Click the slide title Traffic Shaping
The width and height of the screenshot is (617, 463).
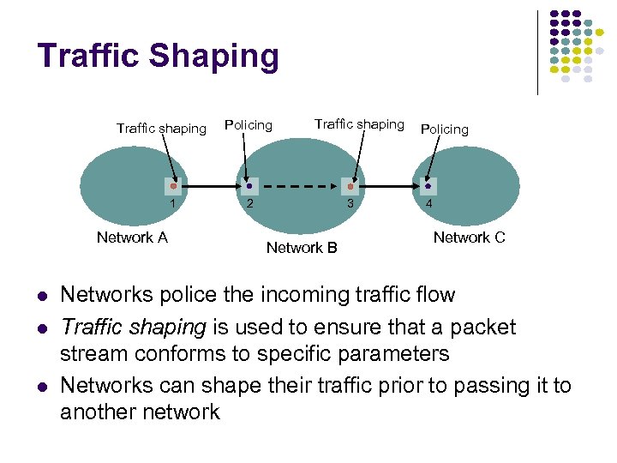[159, 57]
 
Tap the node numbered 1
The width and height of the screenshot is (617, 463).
[173, 185]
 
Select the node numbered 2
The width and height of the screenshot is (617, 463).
[249, 185]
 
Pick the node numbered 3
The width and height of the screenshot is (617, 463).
[350, 185]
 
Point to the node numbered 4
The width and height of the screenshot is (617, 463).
[428, 185]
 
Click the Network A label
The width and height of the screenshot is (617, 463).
[132, 238]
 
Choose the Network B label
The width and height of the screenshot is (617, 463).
[302, 248]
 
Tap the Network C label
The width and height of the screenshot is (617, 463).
[469, 238]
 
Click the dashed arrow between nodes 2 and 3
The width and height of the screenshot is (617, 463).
[299, 185]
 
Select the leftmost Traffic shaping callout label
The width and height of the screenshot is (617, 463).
[161, 129]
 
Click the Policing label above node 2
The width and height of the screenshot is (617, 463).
[248, 125]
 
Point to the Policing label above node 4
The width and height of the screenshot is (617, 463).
[444, 129]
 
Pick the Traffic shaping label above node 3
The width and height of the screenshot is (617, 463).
[358, 124]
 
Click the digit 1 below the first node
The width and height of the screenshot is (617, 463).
[173, 204]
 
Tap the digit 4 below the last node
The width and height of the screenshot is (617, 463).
[428, 204]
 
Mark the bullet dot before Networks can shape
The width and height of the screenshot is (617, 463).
[41, 387]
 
